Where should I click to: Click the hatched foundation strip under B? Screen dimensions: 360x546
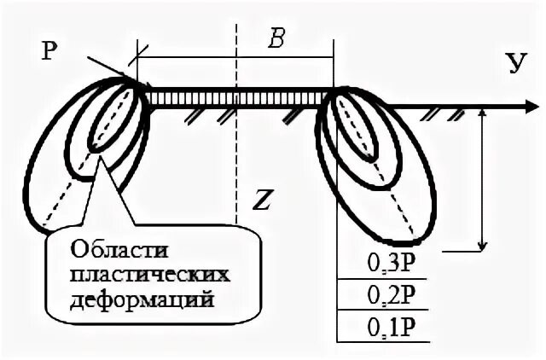click(x=239, y=96)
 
